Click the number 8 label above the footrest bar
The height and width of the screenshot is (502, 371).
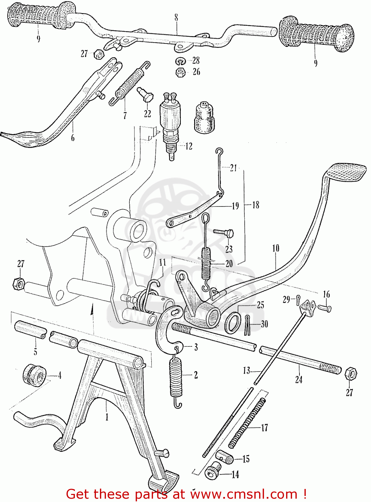(x=176, y=17)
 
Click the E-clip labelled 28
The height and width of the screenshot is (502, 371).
(x=181, y=61)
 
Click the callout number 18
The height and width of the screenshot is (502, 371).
(x=256, y=205)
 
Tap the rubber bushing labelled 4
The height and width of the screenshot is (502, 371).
(x=34, y=375)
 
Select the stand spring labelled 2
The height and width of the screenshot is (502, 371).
(x=176, y=378)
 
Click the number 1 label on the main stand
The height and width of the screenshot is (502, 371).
(x=107, y=417)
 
